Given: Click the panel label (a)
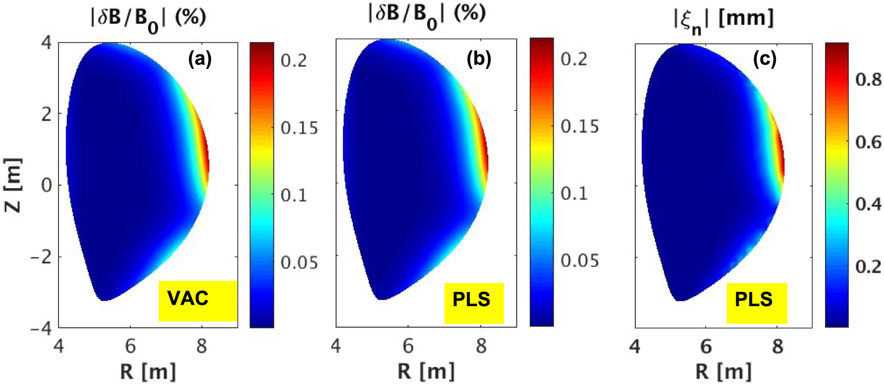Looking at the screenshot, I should [x=200, y=59].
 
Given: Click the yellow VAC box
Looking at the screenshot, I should [x=197, y=301].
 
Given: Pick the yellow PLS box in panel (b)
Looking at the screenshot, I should [x=474, y=302].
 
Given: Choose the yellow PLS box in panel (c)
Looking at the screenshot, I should [x=756, y=302].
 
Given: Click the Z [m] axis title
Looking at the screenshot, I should [x=13, y=185].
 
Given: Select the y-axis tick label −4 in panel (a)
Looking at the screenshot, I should [x=41, y=328].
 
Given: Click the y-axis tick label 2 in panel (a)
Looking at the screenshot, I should [x=46, y=114].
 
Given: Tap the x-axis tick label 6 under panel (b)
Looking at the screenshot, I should [x=408, y=347].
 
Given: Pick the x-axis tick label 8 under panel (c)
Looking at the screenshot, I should [x=777, y=347].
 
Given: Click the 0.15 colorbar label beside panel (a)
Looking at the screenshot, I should [x=299, y=128].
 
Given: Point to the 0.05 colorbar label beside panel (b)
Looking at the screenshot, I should [x=579, y=260].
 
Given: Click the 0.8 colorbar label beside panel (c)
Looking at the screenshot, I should [x=868, y=80].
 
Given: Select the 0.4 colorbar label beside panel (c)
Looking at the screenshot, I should [x=868, y=204].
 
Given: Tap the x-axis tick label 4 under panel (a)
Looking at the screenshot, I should [x=58, y=347].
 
